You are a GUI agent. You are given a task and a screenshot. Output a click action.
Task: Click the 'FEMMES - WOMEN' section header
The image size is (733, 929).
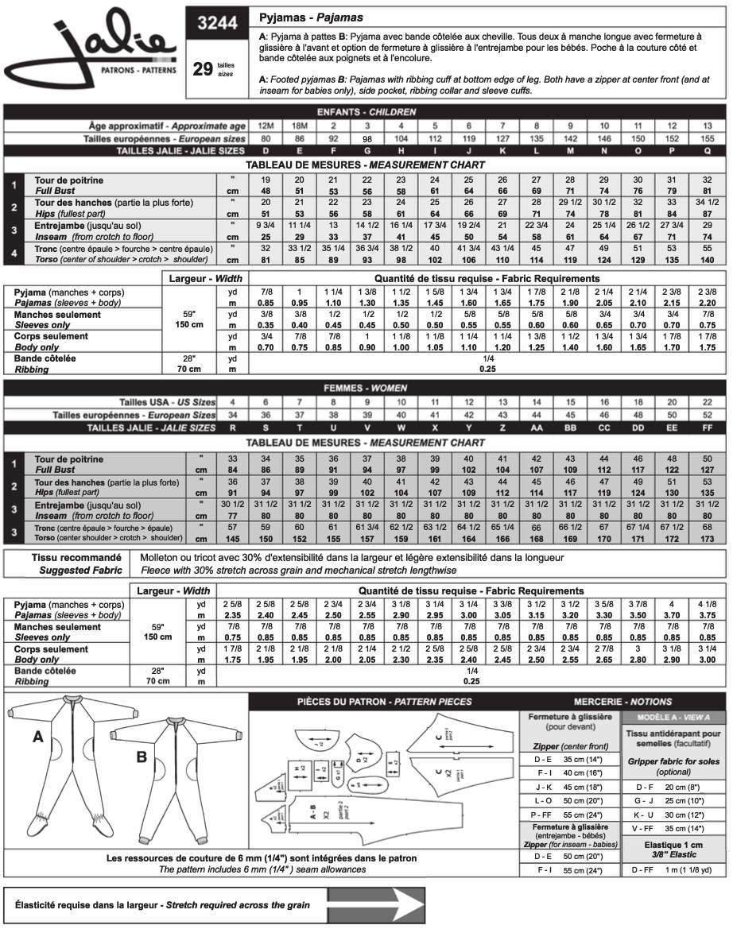point(366,388)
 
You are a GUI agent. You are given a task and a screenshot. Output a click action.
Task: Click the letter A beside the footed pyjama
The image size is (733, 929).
point(37,737)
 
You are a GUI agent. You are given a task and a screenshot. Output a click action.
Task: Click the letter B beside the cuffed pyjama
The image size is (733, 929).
point(142,757)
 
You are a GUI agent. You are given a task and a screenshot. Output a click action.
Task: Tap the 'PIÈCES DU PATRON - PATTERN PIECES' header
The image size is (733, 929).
point(383,701)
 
